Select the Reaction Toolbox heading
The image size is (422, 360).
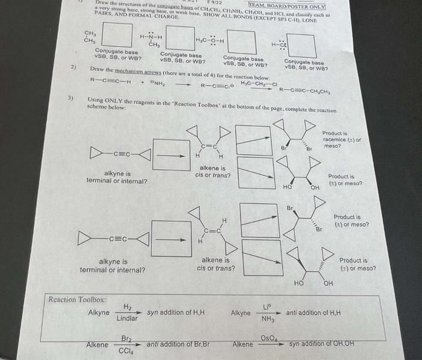(77, 299)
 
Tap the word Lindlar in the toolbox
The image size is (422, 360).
(127, 318)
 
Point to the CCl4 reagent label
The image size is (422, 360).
(127, 351)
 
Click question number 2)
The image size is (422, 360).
(73, 67)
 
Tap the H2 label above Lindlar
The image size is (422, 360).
(127, 307)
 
